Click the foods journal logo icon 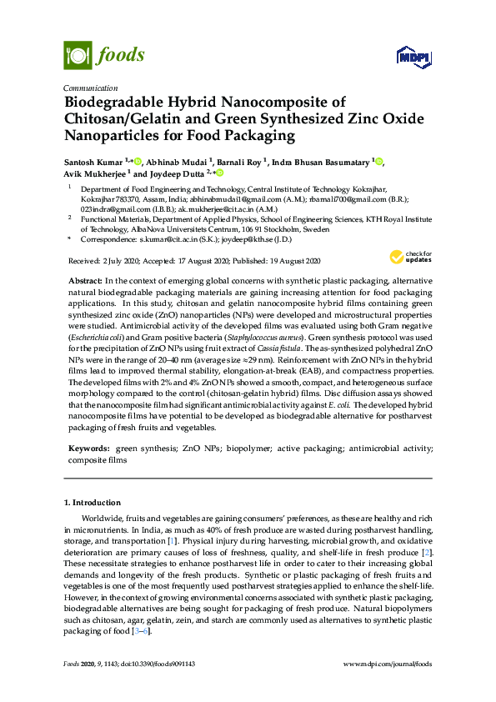[x=77, y=55]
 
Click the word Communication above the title [x=90, y=88]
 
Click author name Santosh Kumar [x=93, y=161]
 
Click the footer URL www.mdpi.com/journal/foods [x=388, y=664]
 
